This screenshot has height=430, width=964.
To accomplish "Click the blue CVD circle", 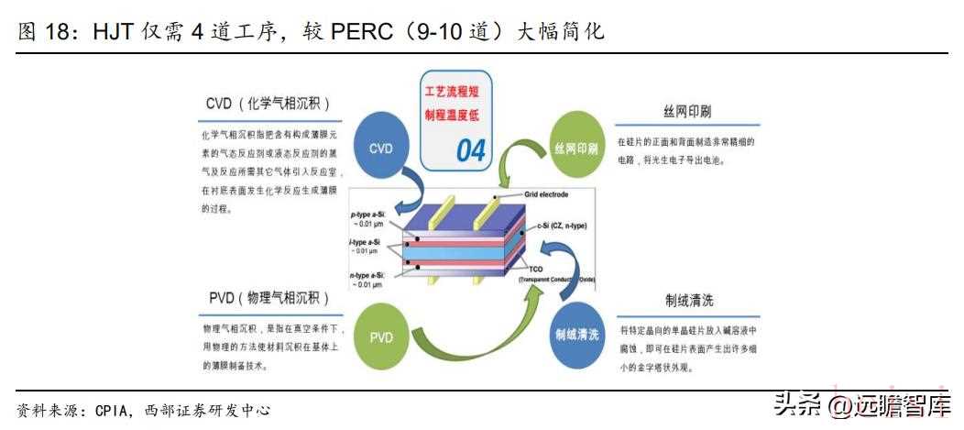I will point(380,148).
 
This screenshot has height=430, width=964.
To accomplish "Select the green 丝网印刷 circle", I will point(575,147).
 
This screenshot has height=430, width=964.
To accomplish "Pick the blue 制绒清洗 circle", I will point(576,335).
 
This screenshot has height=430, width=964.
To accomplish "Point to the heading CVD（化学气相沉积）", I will point(267,103).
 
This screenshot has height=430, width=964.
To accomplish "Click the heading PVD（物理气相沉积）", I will point(267,299).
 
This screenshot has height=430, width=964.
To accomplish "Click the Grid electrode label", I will point(546,194).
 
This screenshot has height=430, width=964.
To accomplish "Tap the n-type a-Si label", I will point(367,274).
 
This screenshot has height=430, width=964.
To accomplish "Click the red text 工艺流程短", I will point(457,92).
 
